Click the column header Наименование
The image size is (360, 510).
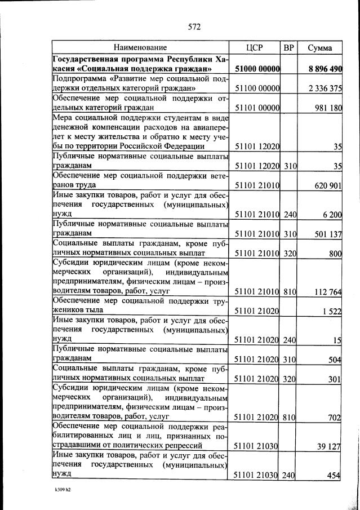140,48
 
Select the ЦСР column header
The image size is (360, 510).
257,48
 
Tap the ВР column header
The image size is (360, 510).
289,48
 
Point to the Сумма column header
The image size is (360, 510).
319,48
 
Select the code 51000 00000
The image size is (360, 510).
257,69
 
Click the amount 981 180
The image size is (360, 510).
328,108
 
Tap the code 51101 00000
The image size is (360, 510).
257,108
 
